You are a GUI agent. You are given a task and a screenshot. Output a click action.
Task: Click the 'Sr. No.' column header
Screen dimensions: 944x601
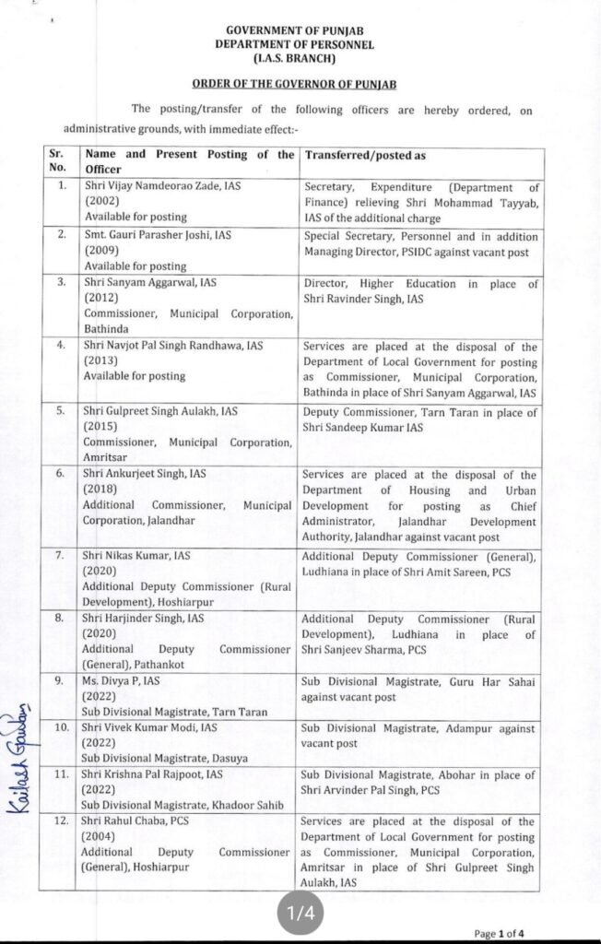tap(58, 161)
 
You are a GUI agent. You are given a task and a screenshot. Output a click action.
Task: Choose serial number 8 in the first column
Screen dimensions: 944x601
tap(60, 619)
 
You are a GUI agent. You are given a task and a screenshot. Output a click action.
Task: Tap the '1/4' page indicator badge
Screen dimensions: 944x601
tap(300, 911)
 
